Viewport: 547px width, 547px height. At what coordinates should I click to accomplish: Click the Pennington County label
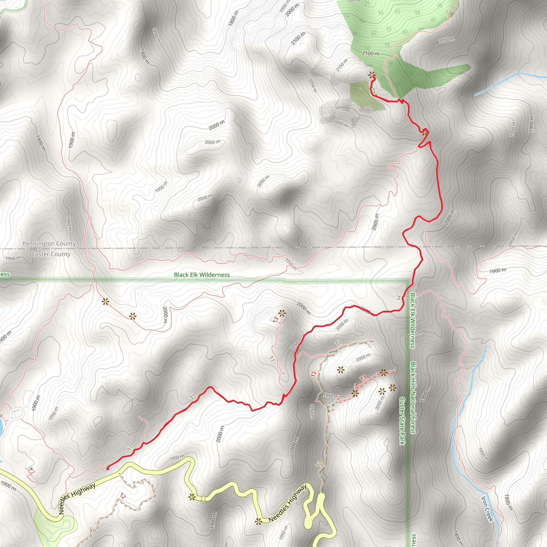[x=49, y=244]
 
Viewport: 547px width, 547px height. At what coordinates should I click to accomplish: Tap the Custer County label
[x=51, y=254]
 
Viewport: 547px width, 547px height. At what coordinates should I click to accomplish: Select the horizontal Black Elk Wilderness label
[x=202, y=275]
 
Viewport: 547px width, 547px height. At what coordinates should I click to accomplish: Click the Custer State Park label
[x=402, y=421]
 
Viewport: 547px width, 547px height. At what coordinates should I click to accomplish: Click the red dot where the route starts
[x=108, y=468]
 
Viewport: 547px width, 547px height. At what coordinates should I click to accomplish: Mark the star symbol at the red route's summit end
[x=372, y=75]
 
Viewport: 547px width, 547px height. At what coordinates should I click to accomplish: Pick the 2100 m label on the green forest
[x=371, y=53]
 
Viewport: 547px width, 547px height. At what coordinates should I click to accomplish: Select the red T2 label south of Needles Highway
[x=123, y=496]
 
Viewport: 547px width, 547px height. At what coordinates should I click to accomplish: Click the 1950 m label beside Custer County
[x=13, y=258]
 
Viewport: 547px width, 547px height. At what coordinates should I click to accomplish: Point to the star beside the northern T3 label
[x=282, y=313]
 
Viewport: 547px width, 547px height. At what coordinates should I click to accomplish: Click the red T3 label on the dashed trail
[x=363, y=378]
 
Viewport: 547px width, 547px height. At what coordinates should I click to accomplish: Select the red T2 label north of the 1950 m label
[x=313, y=374]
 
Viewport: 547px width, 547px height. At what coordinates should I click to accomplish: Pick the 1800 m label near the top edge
[x=234, y=18]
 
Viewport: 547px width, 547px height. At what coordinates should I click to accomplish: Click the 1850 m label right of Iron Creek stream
[x=483, y=454]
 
